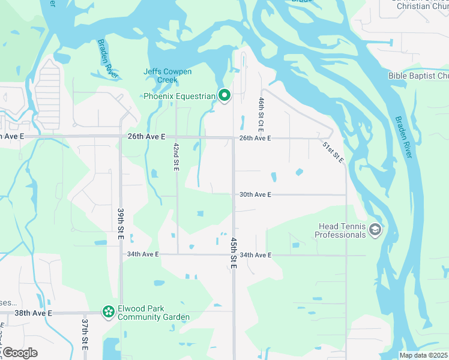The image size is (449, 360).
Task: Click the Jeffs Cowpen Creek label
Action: [167, 76]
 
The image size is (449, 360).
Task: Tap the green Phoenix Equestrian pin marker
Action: [224, 95]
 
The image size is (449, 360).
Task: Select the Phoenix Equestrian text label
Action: [179, 96]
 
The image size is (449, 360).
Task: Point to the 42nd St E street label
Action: [176, 157]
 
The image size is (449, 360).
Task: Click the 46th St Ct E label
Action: [262, 115]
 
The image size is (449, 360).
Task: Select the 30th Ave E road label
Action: [255, 194]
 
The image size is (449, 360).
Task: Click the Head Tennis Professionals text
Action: [340, 230]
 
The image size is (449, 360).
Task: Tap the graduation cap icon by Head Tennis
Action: [375, 230]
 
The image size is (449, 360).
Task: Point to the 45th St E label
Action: [233, 252]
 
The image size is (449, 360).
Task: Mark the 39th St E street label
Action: [121, 223]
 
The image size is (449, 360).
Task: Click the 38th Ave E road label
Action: [33, 313]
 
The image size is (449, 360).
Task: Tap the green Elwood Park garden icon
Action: [108, 311]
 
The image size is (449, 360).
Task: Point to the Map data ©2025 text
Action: [423, 355]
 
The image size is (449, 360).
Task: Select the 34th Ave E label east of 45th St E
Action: [255, 255]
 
